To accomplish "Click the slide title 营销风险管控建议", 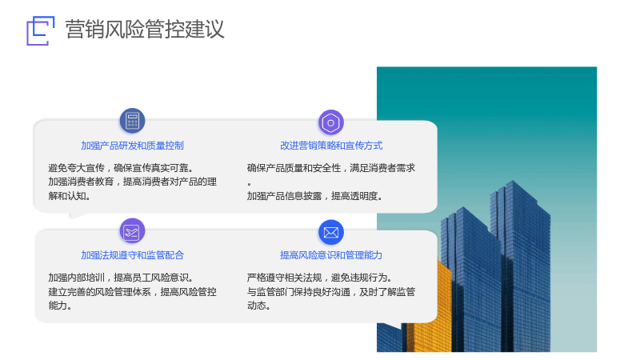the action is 145,30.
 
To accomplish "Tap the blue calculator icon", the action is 132,121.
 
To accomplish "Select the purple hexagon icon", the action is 331,122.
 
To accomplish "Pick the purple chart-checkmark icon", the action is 132,231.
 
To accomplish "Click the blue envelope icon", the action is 331,232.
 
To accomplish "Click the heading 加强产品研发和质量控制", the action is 132,146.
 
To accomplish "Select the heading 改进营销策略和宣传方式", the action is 331,146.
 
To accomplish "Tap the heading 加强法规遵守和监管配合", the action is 132,255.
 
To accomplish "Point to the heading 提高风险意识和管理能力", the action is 331,255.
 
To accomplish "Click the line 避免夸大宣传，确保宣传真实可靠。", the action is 121,168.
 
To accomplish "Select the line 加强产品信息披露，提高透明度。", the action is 314,196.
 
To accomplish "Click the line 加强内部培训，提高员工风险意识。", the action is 121,278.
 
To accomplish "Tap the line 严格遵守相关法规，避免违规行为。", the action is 319,278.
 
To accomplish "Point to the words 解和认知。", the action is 69,196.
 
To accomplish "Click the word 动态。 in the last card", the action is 258,306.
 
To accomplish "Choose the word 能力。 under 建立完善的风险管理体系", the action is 59,306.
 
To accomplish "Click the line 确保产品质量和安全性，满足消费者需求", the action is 331,168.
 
